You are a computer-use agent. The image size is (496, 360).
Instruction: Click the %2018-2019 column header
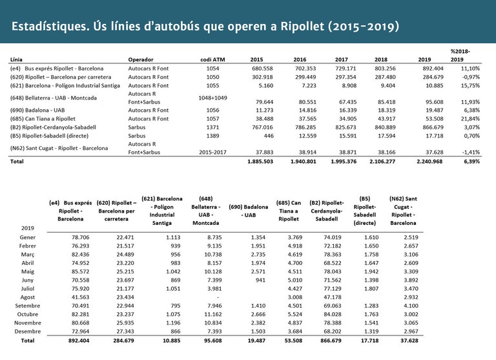(x=460, y=55)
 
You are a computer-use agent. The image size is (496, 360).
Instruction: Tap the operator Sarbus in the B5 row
(x=137, y=136)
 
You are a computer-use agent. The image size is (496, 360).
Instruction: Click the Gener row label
(x=28, y=237)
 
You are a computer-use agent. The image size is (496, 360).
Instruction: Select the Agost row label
(x=28, y=296)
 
